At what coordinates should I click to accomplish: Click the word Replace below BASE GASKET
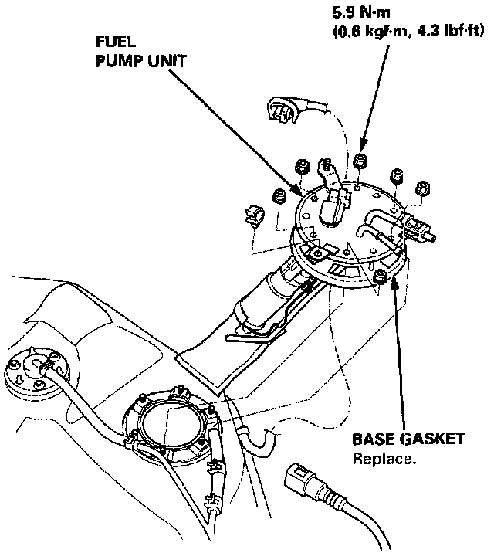(384, 459)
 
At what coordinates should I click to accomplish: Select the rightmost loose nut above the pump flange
(421, 188)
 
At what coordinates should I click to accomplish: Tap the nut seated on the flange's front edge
(379, 276)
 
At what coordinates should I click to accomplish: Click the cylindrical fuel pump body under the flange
(266, 297)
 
